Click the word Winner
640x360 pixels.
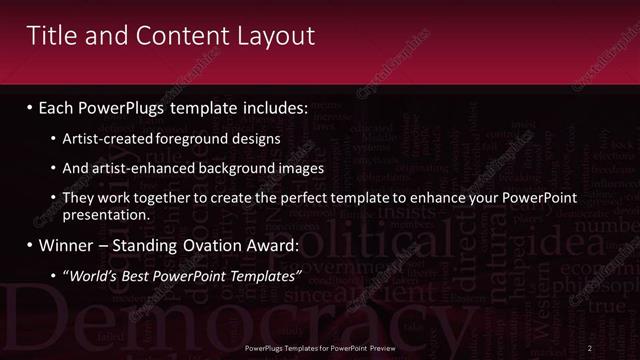(x=66, y=246)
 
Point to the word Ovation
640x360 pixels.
(x=190, y=246)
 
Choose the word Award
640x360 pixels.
(x=265, y=246)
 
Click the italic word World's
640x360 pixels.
(x=95, y=276)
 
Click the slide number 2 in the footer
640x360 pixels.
(x=590, y=348)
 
